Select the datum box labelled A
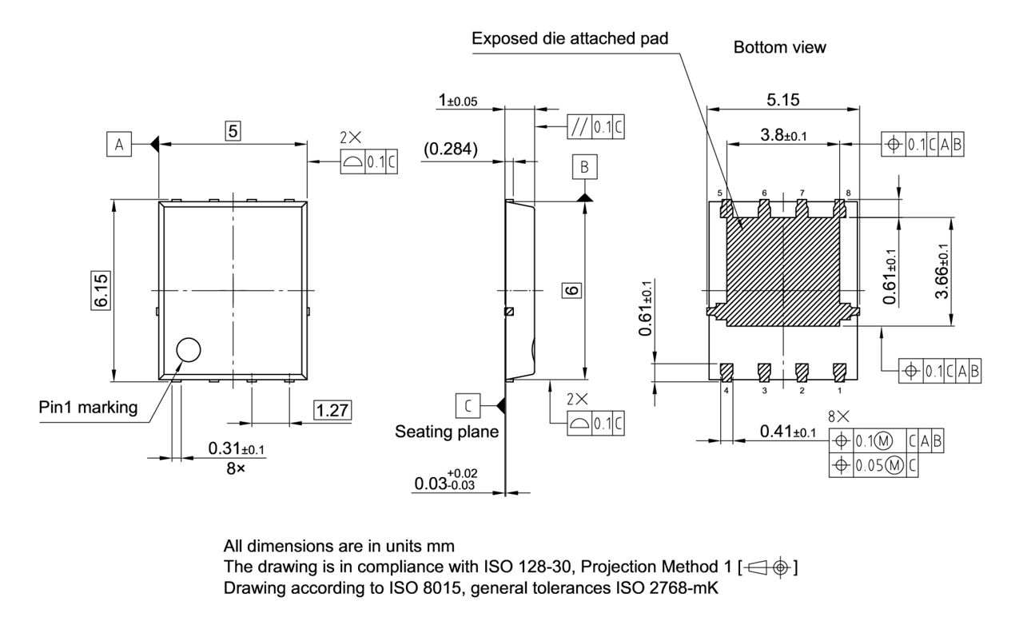pyautogui.click(x=119, y=144)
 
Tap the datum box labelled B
pyautogui.click(x=584, y=167)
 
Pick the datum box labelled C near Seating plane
pyautogui.click(x=468, y=405)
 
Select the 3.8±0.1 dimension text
pyautogui.click(x=782, y=136)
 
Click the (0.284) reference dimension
pyautogui.click(x=452, y=149)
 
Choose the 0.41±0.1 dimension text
pyautogui.click(x=787, y=432)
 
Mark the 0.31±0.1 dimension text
pyautogui.click(x=237, y=450)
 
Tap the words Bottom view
pyautogui.click(x=779, y=48)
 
